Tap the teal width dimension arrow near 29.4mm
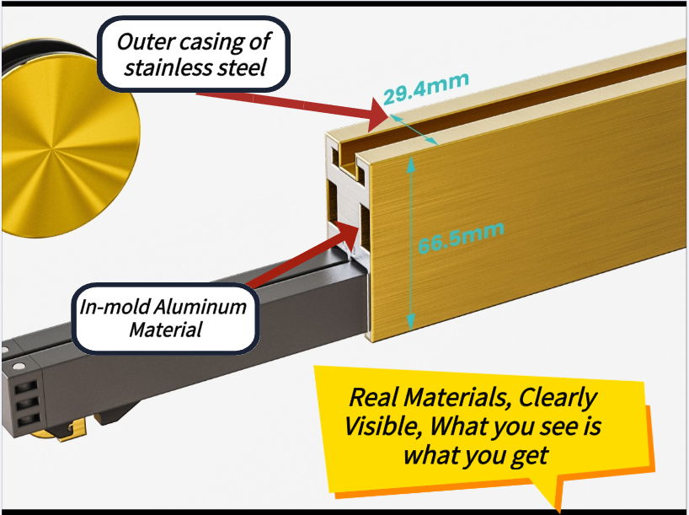413,129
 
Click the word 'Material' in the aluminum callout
165,330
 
